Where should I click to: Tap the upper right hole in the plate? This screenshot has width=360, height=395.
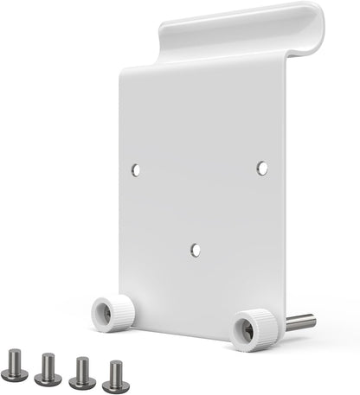(262, 168)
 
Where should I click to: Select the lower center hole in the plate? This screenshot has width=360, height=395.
(196, 250)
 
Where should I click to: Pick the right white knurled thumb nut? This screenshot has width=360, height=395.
(254, 328)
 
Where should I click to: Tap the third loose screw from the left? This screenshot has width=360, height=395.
(82, 371)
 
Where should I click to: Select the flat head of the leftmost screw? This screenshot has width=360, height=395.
(16, 374)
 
